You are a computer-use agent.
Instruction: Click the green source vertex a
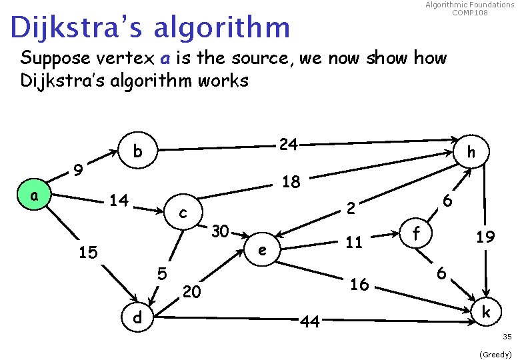coord(34,197)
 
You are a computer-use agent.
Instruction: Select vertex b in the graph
coord(137,151)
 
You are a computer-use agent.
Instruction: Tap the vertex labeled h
coord(471,153)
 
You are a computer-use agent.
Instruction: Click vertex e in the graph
coord(263,251)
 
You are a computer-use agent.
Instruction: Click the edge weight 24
coord(288,144)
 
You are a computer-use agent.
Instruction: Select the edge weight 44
coord(309,322)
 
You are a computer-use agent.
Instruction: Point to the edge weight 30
coord(221,232)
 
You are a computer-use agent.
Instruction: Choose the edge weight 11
coord(353,242)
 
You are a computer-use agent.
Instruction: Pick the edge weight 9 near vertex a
coord(79,171)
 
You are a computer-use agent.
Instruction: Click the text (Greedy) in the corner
coord(495,354)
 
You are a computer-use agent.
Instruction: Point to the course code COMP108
coord(469,13)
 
